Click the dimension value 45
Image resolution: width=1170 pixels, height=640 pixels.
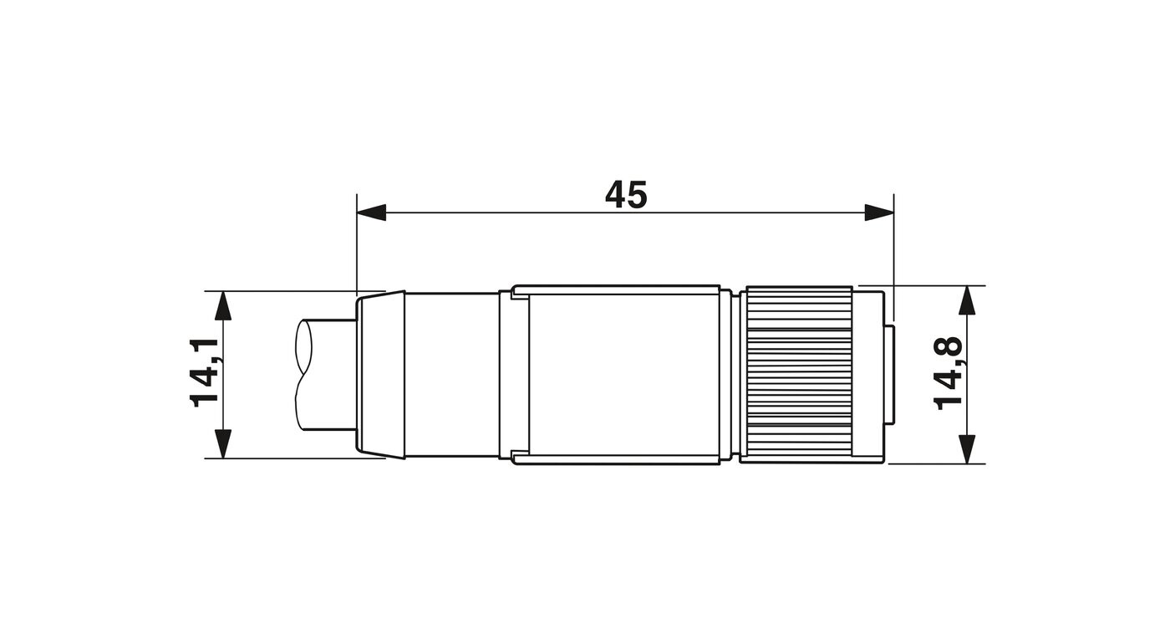pyautogui.click(x=626, y=194)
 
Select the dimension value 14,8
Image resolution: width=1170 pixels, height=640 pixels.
pyautogui.click(x=948, y=373)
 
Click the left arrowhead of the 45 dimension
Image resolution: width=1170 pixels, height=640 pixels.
pyautogui.click(x=371, y=212)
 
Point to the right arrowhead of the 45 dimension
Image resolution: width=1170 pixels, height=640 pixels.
pyautogui.click(x=879, y=212)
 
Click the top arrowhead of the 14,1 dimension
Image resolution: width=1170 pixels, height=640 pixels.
pyautogui.click(x=223, y=305)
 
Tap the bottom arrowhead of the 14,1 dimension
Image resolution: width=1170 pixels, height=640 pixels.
pyautogui.click(x=223, y=444)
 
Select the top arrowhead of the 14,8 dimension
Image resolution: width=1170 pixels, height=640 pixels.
pyautogui.click(x=967, y=300)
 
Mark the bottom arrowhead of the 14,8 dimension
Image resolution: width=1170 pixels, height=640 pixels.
pyautogui.click(x=967, y=449)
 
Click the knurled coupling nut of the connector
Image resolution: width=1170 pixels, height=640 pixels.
pyautogui.click(x=799, y=375)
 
